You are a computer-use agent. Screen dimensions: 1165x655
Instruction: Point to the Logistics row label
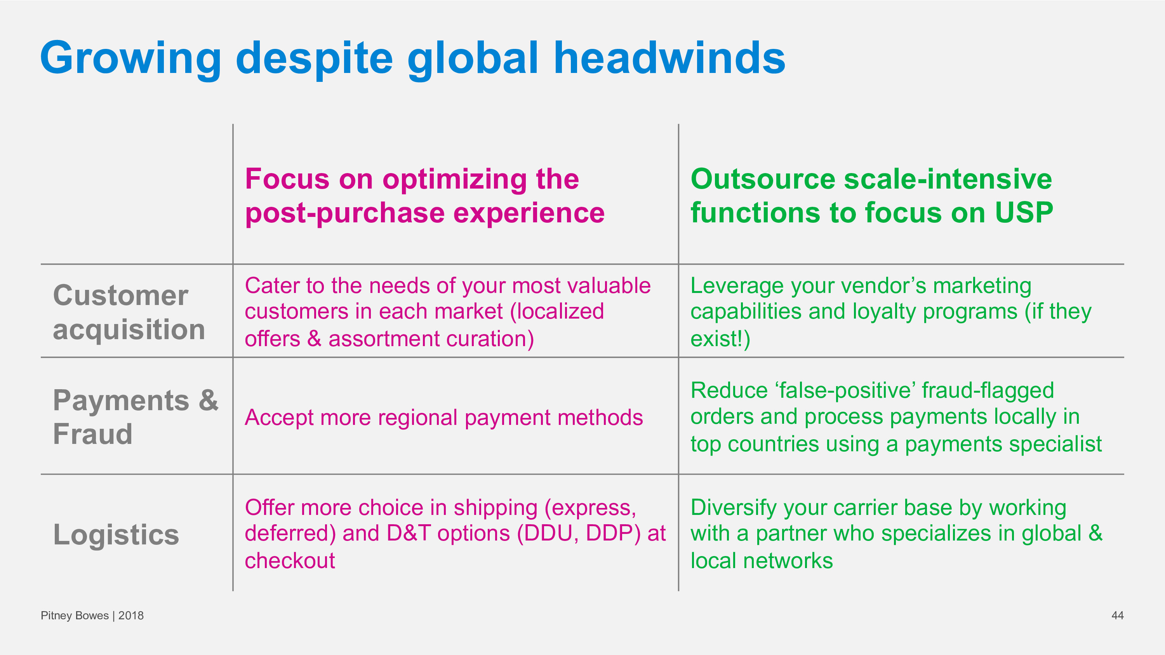[116, 535]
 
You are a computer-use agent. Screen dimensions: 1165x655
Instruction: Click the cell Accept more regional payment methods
[443, 418]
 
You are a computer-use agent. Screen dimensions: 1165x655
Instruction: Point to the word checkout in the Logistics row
[290, 561]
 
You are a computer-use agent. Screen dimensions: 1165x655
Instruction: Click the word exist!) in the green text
[720, 339]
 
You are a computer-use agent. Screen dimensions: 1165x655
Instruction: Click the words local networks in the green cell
[762, 561]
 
